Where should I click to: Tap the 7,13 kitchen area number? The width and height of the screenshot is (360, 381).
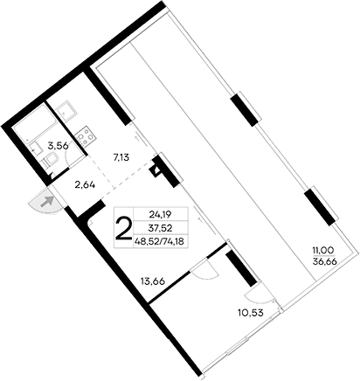[x=122, y=158]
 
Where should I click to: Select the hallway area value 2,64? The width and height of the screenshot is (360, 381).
[x=85, y=184]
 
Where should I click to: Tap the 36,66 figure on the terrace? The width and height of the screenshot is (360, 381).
[x=325, y=262]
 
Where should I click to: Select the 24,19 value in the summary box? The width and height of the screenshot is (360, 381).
[x=160, y=212]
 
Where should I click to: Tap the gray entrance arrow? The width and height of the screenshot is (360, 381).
[x=49, y=202]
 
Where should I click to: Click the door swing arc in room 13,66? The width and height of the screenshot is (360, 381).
[x=204, y=267]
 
